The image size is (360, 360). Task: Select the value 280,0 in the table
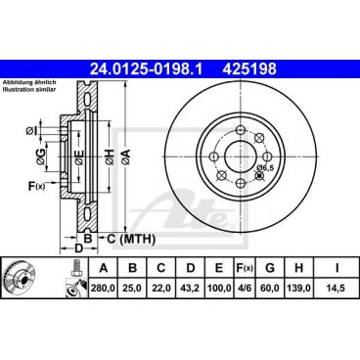click(101, 289)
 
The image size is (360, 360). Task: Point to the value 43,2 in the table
click(193, 289)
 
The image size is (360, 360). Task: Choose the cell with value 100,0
click(224, 289)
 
